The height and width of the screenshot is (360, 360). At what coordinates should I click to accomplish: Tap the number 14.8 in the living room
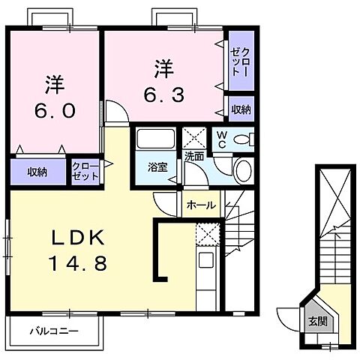[81, 264]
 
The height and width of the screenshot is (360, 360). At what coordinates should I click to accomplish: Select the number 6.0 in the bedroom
[53, 110]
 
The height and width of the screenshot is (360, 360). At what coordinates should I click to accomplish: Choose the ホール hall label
[201, 205]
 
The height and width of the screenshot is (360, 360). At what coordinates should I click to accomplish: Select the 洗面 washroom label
[194, 157]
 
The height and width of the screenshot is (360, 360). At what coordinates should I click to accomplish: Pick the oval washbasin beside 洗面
[242, 170]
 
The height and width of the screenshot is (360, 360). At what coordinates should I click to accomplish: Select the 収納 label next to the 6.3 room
[241, 110]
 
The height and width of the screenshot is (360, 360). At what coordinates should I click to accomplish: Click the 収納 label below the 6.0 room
[37, 172]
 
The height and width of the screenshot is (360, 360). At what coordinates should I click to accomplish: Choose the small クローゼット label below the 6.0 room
[84, 172]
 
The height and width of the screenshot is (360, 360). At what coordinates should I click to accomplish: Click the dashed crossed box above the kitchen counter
[206, 233]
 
